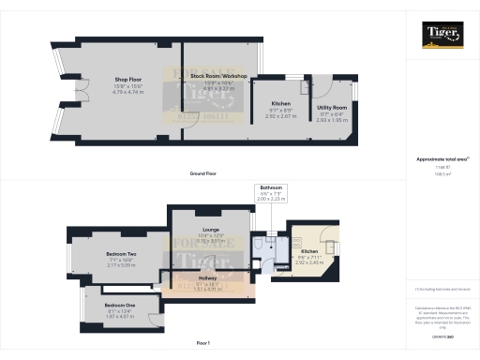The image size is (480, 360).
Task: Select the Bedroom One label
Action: pyautogui.click(x=120, y=306)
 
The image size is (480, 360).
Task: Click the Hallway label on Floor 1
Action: pyautogui.click(x=208, y=278)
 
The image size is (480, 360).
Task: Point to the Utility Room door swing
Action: pyautogui.click(x=325, y=87)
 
